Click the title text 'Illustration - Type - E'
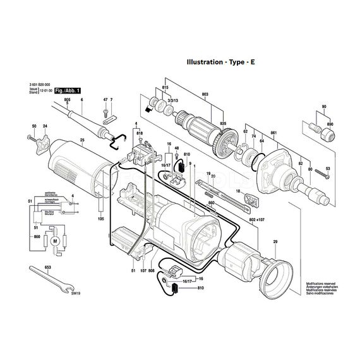point(220,63)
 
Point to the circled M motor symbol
point(54,241)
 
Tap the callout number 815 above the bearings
point(166,87)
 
